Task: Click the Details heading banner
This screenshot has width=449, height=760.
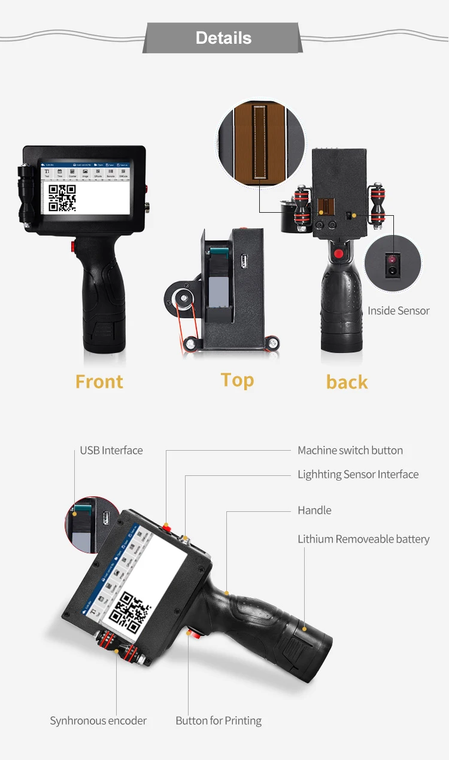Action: [223, 38]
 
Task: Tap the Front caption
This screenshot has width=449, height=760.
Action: [99, 382]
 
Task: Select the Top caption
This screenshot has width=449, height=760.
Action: [237, 380]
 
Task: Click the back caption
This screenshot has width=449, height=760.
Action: [347, 382]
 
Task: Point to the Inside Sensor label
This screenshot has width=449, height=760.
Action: [398, 310]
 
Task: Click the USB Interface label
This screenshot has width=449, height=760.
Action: [111, 450]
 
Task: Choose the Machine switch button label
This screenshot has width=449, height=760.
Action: [350, 450]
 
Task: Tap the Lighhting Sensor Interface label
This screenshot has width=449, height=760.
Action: [358, 474]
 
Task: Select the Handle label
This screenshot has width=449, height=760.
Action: [314, 510]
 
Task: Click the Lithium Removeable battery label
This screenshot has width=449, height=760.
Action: [363, 539]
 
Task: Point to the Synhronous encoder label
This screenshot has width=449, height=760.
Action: [98, 720]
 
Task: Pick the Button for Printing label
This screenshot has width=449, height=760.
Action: [219, 720]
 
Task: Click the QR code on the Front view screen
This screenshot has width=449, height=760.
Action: [62, 198]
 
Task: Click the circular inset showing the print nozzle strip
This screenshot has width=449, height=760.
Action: [260, 142]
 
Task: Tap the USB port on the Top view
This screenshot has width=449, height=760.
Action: [244, 262]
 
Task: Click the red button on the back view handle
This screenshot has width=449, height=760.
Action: [339, 254]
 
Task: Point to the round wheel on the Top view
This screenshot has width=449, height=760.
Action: [180, 298]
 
